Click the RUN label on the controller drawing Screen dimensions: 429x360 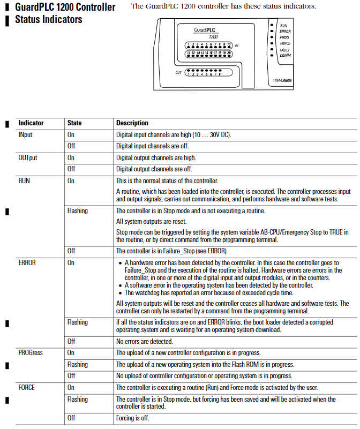click(x=284, y=25)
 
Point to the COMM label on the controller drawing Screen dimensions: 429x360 click(x=285, y=55)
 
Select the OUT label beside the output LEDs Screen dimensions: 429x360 click(x=178, y=73)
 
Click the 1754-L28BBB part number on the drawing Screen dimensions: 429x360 click(x=283, y=80)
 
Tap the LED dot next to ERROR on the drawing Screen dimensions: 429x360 click(x=273, y=31)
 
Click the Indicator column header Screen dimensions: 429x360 click(x=31, y=123)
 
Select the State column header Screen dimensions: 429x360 click(x=74, y=123)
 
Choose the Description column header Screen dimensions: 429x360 click(x=132, y=123)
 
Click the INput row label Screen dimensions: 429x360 click(x=26, y=135)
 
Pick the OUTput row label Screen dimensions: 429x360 click(x=28, y=158)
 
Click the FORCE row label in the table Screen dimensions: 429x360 click(x=27, y=387)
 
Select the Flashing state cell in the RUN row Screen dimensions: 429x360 click(x=78, y=211)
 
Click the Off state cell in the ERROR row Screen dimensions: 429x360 click(x=71, y=341)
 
